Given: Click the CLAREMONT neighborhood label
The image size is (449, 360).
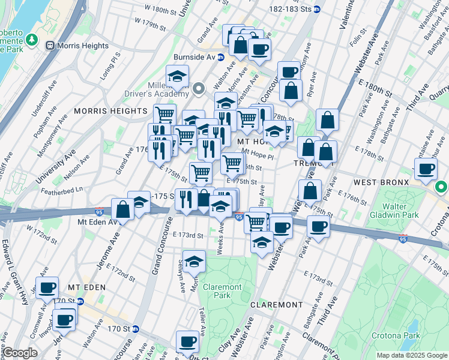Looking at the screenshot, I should (276, 305).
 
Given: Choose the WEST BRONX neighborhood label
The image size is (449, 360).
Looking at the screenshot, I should (382, 182).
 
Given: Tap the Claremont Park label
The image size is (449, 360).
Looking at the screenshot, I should (221, 291).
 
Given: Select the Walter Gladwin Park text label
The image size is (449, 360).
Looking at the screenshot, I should (398, 211).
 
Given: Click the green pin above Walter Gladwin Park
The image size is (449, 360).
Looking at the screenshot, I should (441, 188).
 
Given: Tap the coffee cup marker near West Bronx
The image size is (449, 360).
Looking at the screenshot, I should (426, 170).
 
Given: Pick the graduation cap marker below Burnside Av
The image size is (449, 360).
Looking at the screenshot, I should (177, 77).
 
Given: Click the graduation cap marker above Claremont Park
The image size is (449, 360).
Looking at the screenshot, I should (194, 262).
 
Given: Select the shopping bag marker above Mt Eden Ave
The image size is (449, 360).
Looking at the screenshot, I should (122, 210).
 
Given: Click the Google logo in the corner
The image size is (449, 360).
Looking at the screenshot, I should (20, 353).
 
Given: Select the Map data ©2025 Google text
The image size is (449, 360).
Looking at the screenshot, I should (411, 355).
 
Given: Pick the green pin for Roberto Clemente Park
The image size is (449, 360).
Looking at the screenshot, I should (32, 40).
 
